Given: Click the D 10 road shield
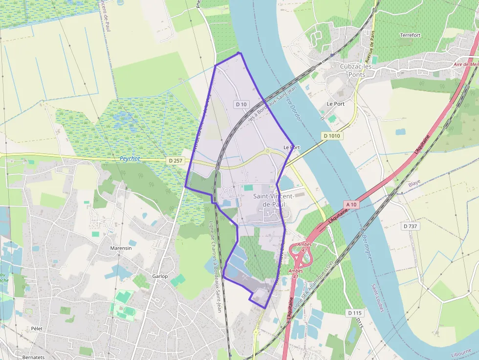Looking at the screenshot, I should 241,104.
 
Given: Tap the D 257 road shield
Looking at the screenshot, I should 174,160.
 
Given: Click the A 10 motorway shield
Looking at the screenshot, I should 351,204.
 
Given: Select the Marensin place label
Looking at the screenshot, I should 121,248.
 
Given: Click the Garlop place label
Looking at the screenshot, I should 160,276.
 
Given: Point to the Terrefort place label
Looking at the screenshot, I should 410,36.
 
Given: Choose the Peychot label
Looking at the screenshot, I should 130,159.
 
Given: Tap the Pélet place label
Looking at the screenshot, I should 37,329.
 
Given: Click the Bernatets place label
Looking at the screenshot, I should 34,357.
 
